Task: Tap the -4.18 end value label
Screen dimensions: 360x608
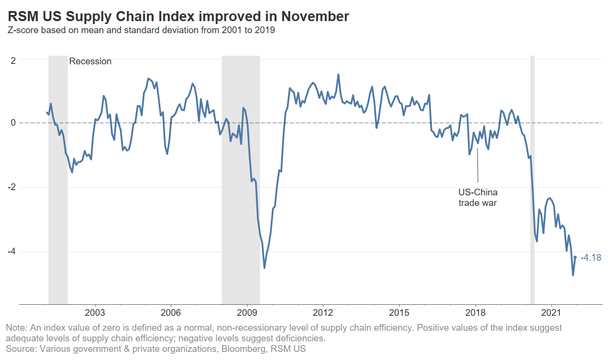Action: [591, 258]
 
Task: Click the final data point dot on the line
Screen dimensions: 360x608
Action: [575, 257]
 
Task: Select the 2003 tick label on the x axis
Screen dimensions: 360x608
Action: [95, 313]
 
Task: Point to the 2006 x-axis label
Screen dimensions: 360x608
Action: [171, 313]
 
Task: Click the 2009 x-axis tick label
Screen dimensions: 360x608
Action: [247, 313]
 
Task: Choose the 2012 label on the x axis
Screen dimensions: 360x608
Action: [323, 313]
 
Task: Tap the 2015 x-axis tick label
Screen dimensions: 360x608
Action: [399, 313]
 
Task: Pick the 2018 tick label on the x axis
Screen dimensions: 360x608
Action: [475, 313]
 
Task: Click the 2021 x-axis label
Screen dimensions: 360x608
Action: [551, 313]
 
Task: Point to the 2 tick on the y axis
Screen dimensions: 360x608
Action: [13, 60]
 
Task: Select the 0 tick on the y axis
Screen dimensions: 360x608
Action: [13, 123]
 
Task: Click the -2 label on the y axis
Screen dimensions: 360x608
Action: [12, 187]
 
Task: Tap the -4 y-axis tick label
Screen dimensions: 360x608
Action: [12, 252]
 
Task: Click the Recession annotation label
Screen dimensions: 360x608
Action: [90, 61]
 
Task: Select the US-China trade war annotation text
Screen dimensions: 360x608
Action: [477, 198]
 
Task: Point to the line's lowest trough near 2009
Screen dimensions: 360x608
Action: [264, 267]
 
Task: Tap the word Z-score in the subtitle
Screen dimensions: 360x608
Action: [24, 30]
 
